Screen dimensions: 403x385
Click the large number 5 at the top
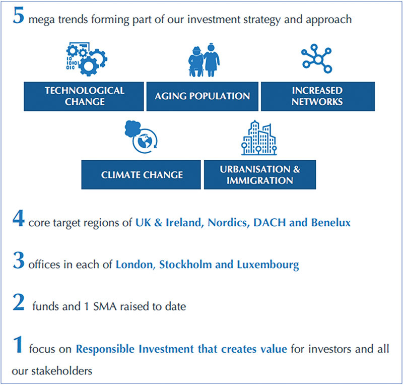pos(19,16)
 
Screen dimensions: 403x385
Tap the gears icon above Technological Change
pos(87,59)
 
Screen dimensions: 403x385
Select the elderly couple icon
pos(204,59)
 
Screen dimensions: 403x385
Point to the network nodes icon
pos(317,59)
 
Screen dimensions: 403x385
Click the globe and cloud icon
pos(141,137)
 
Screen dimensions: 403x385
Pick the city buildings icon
pos(259,138)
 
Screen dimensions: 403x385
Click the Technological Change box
pos(84,96)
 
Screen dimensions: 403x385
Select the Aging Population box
pos(203,96)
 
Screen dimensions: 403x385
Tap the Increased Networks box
pos(318,96)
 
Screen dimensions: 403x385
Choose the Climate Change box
pos(141,175)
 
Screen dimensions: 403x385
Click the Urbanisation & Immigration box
pos(260,175)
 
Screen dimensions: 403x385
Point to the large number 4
pos(19,218)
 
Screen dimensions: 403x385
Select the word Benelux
pos(331,222)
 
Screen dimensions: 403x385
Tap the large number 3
pos(19,260)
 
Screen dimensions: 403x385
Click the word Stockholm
pos(185,265)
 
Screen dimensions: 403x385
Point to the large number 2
pos(19,302)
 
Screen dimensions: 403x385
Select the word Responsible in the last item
pos(105,349)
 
